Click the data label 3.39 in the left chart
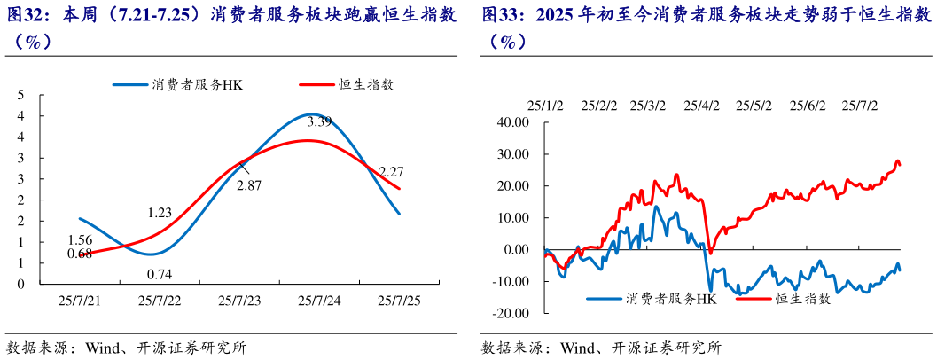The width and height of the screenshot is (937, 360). point(319,121)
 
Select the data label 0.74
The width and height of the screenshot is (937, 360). point(160,274)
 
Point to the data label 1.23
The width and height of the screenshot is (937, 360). point(160,212)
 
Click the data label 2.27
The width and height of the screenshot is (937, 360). point(392,171)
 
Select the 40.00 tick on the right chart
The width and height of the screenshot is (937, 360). point(513,122)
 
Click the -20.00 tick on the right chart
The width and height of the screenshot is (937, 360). point(511,313)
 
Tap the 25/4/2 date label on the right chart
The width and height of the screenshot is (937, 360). point(701,105)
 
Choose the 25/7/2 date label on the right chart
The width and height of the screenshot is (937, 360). point(859,105)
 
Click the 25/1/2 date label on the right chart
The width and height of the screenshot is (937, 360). point(545,105)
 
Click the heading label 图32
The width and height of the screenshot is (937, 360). point(23,15)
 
